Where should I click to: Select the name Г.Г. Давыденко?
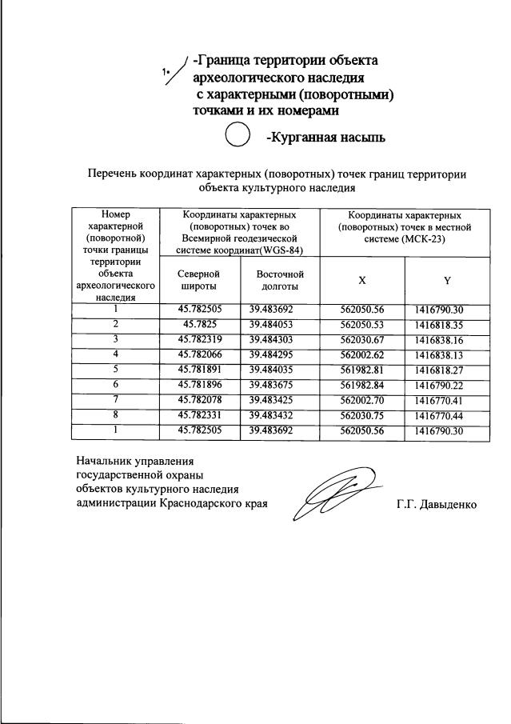[437, 506]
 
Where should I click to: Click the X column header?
[362, 280]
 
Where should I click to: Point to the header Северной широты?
[200, 279]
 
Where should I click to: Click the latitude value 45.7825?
[200, 325]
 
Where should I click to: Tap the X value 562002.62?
[362, 354]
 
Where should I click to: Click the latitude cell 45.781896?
[200, 384]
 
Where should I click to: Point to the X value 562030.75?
[362, 414]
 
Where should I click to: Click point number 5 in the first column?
[115, 369]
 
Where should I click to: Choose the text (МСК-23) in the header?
[423, 238]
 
